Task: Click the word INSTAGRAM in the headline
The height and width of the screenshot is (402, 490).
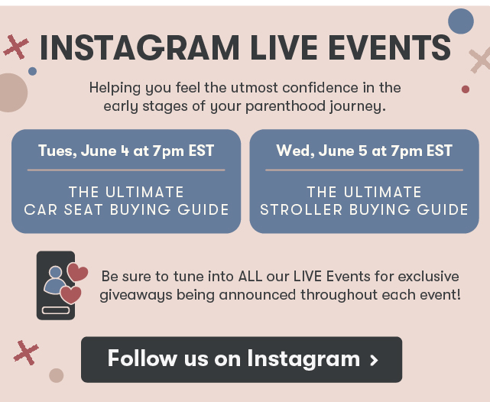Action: click(x=139, y=47)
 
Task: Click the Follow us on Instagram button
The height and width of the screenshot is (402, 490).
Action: click(x=242, y=359)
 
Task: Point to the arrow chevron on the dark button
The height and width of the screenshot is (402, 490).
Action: click(x=374, y=360)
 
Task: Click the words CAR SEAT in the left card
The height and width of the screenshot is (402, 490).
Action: click(x=63, y=209)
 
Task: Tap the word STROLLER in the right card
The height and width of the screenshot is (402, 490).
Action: click(x=301, y=209)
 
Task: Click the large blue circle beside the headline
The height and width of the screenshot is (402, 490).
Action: click(x=461, y=21)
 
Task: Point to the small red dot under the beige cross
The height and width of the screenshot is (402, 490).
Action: click(x=466, y=89)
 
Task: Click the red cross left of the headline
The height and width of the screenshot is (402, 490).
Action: click(x=16, y=47)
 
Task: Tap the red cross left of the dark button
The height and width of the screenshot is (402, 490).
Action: click(x=26, y=352)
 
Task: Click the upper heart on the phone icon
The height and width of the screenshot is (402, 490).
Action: click(x=77, y=272)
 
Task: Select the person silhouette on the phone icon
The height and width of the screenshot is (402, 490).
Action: click(x=55, y=280)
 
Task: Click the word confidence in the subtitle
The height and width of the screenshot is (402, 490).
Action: click(x=320, y=87)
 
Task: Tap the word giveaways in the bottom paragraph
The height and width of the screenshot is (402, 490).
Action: click(x=136, y=295)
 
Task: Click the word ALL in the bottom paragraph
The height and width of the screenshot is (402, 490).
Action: click(x=250, y=277)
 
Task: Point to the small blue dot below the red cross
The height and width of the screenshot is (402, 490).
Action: click(x=33, y=71)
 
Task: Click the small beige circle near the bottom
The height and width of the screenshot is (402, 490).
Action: click(x=57, y=375)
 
